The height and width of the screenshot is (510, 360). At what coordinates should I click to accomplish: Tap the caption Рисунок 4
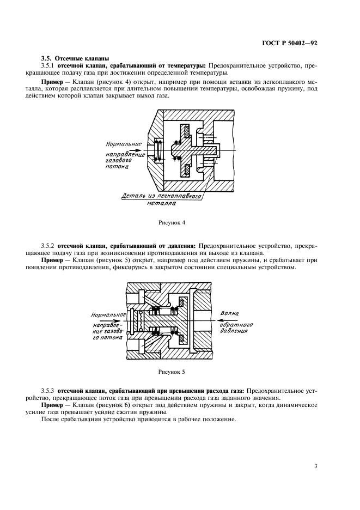[x=172, y=222]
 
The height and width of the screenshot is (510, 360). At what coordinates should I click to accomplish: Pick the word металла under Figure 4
[x=160, y=205]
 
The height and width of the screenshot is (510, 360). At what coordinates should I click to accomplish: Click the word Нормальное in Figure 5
[x=108, y=315]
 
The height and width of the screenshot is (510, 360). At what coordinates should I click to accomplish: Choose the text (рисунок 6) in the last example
[x=101, y=406]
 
